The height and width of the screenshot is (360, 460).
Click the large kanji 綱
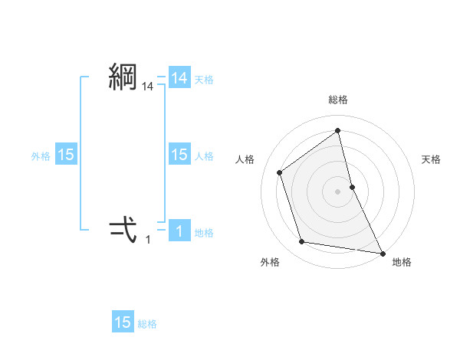point(123,77)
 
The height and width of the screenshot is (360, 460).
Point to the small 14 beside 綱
point(148,88)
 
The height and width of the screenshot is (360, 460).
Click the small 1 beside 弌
point(148,239)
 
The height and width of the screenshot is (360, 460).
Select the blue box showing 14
point(179,78)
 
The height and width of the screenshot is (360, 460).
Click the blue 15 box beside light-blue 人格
point(179,155)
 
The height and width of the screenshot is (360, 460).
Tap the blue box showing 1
point(179,231)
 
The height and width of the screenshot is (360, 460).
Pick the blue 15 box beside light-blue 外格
point(66,155)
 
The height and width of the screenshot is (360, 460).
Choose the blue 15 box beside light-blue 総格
point(123,322)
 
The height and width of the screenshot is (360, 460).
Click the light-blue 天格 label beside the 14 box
point(204,80)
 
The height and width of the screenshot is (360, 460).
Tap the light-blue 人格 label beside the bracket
point(204,156)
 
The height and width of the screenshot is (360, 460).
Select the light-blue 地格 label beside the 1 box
point(204,233)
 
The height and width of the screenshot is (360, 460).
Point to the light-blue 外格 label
point(41,156)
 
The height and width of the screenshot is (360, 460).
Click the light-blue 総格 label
point(147,324)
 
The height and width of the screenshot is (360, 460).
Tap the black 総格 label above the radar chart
point(338,100)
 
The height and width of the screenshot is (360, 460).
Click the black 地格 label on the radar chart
point(402,262)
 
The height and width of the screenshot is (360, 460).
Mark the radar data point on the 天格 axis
point(352,186)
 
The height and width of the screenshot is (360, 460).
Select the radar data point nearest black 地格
point(382,252)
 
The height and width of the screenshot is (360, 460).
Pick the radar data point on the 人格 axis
point(280,172)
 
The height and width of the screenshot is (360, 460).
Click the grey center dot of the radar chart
point(338,191)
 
